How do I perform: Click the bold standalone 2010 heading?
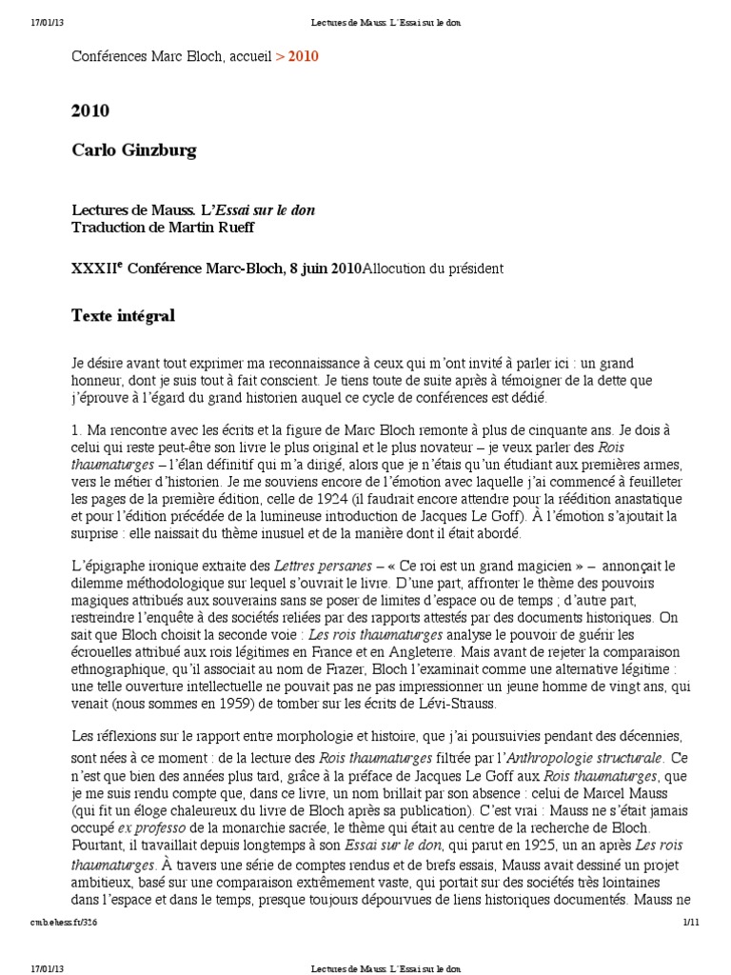click(90, 111)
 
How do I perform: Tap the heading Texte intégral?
click(123, 315)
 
